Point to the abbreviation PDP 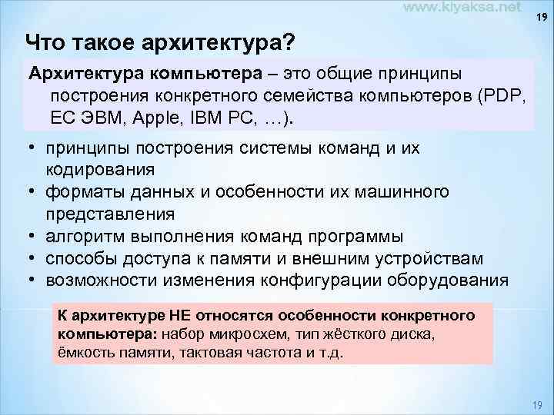tap(501, 98)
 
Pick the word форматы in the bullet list tap(82, 191)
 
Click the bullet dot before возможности tap(34, 280)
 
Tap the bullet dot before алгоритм tap(34, 235)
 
